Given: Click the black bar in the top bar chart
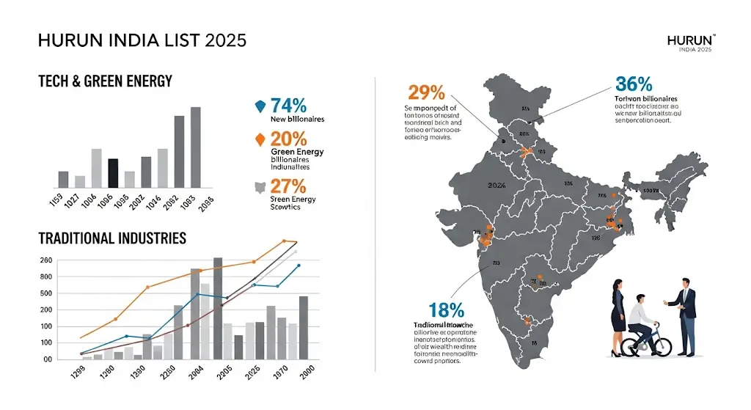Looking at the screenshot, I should coord(113,173).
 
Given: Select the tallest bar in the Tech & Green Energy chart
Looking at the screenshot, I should coord(196,147).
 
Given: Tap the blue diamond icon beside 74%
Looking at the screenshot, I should coord(259,106).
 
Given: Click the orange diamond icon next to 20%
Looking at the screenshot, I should coord(259,139).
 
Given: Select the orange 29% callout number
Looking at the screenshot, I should coord(425,93).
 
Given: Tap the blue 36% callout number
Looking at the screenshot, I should coord(634,84).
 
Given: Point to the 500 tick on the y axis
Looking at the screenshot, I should coord(45,293).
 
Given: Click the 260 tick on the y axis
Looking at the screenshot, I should coord(45,260).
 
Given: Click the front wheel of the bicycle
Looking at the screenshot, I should coord(662,343).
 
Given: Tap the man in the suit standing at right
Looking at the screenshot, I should coord(686,315).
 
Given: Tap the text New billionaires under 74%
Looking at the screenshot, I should coord(297,119).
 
